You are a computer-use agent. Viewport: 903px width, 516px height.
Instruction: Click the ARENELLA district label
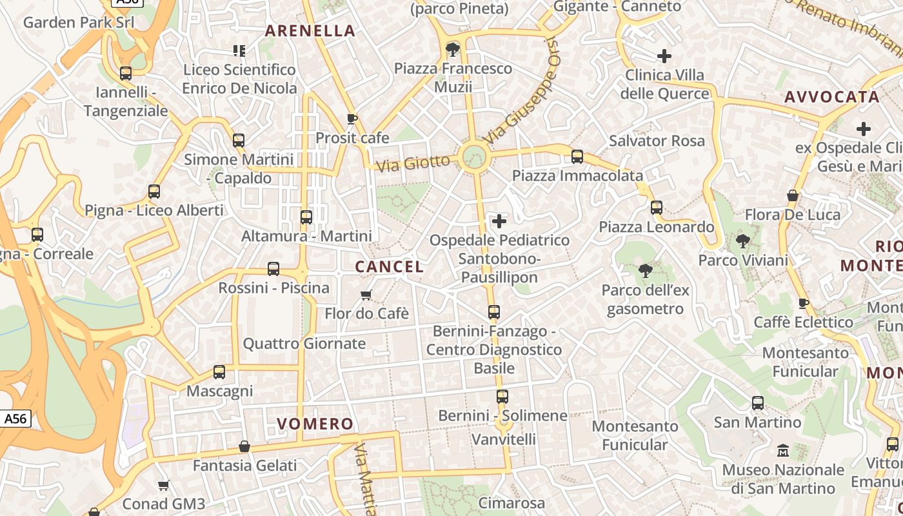(x=310, y=30)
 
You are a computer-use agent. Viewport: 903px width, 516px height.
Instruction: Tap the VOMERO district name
(x=315, y=424)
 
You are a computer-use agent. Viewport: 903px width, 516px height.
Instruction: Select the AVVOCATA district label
(x=832, y=97)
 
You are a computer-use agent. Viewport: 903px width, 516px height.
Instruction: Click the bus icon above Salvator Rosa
(x=577, y=157)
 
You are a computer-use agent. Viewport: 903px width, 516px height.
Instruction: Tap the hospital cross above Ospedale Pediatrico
(x=499, y=222)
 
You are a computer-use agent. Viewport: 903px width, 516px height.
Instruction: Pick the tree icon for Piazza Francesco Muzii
(x=453, y=49)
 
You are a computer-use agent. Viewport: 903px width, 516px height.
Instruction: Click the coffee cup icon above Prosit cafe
(x=352, y=119)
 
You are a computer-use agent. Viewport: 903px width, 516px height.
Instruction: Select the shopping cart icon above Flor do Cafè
(x=366, y=295)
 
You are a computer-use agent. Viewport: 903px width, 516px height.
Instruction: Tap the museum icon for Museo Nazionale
(x=783, y=450)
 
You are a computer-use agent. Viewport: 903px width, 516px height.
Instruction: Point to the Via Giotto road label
(x=413, y=163)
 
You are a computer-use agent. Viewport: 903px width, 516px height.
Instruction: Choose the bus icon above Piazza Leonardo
(x=657, y=208)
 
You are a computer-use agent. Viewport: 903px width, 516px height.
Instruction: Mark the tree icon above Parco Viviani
(x=743, y=242)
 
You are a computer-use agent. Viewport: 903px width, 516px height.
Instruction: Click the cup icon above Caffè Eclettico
(x=803, y=303)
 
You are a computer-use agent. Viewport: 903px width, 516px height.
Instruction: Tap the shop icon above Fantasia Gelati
(x=244, y=446)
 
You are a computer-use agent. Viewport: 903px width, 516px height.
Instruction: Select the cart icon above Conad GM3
(x=164, y=485)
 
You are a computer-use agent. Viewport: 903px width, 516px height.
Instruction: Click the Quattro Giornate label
(x=304, y=343)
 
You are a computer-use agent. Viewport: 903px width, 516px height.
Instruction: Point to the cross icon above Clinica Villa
(x=664, y=56)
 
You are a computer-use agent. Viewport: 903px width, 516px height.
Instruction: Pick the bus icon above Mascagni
(x=219, y=372)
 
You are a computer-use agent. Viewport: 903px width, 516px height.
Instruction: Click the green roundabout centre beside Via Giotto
(x=474, y=157)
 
